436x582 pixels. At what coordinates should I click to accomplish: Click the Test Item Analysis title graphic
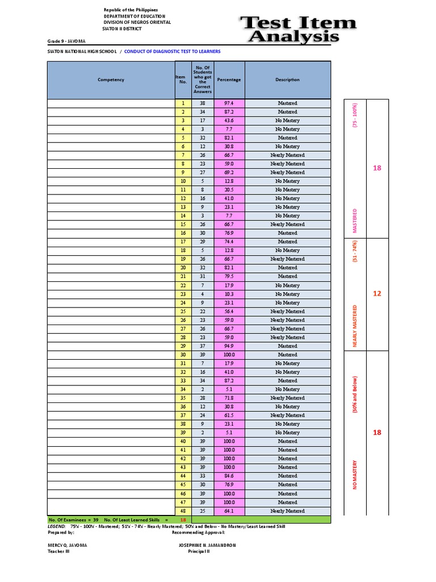click(298, 31)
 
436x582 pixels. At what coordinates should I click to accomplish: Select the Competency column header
click(111, 80)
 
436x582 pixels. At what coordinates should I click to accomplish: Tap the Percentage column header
click(229, 80)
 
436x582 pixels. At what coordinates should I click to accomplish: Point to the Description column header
click(287, 80)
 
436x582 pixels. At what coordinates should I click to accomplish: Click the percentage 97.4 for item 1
click(229, 103)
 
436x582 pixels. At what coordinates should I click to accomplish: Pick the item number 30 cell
click(183, 355)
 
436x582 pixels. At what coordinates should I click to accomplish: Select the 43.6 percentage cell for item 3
click(229, 120)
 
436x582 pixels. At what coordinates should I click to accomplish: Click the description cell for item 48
click(287, 511)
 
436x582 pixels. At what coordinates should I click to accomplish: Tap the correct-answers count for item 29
click(202, 346)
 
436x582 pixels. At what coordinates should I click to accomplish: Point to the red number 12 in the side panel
click(377, 294)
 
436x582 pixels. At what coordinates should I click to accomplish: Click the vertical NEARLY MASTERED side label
click(355, 326)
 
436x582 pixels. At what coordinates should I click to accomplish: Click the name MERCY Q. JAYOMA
click(68, 545)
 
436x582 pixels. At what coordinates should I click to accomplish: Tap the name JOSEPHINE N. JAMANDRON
click(207, 545)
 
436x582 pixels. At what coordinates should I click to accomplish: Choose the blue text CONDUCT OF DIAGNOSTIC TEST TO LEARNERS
click(172, 51)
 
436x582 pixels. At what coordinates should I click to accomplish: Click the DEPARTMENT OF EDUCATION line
click(135, 16)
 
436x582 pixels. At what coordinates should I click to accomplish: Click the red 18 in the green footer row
click(183, 520)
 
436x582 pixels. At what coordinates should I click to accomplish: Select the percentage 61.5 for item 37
click(229, 415)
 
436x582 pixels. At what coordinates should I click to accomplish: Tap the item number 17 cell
click(183, 242)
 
